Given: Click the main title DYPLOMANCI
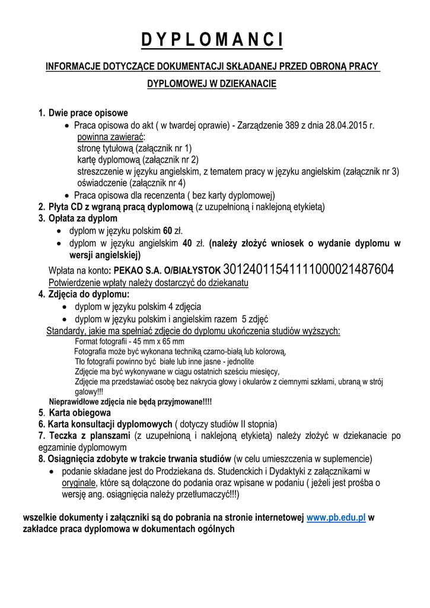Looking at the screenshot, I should click(x=212, y=40).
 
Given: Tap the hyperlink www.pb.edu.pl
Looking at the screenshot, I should click(x=336, y=517).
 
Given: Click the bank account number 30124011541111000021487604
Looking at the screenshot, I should click(x=308, y=270).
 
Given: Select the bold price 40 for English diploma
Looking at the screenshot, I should click(x=187, y=243).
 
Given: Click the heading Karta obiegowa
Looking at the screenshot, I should click(x=79, y=413).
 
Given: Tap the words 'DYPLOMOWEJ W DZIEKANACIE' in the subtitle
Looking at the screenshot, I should click(x=212, y=84).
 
